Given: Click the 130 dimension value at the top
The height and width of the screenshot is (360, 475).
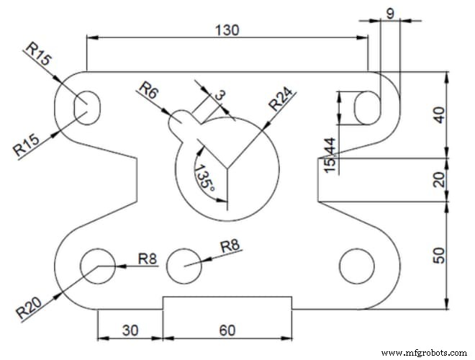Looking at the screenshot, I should (x=227, y=30).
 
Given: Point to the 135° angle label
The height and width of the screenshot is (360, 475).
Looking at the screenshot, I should (x=204, y=176).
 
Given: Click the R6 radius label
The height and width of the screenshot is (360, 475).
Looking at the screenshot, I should (x=149, y=91).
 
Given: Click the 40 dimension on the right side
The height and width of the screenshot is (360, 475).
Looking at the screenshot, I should (x=440, y=114).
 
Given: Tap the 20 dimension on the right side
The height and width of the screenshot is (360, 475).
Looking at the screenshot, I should (x=440, y=180).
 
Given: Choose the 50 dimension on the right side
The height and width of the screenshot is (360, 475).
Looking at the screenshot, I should (x=440, y=254).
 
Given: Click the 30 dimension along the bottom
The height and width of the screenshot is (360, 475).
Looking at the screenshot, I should (x=130, y=330).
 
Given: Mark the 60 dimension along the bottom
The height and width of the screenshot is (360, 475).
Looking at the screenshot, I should (x=227, y=330).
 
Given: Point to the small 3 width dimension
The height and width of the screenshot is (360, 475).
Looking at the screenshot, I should (x=220, y=94).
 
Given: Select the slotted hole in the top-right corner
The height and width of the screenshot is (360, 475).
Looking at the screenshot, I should (x=366, y=108).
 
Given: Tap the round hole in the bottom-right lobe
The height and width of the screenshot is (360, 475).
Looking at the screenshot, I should (x=356, y=265).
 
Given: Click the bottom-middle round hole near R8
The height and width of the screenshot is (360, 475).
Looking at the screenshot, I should (x=185, y=265).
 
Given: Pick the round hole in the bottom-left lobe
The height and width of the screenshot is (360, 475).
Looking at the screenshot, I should (x=98, y=264).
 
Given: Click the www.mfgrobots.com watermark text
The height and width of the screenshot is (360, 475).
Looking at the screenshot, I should (x=424, y=353).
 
